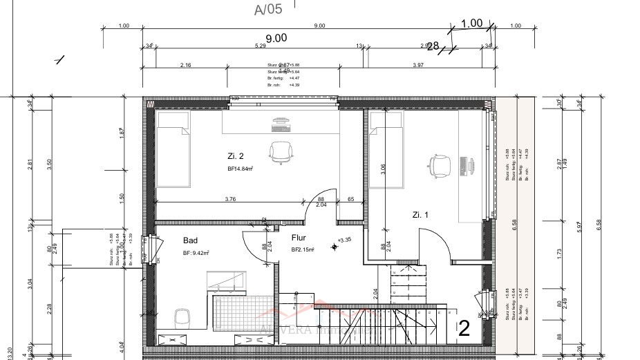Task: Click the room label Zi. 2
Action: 236,155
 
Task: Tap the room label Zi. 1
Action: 420,215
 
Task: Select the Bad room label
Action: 190,240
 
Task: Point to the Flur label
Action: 299,237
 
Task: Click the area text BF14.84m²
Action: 241,169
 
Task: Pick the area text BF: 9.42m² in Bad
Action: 196,254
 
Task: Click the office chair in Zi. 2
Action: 280,152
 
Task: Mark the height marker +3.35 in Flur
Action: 344,240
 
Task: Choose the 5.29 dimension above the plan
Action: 260,46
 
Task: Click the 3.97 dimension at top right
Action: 417,65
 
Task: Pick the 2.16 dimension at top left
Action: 185,65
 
